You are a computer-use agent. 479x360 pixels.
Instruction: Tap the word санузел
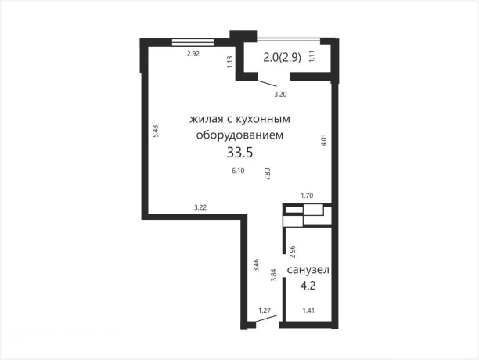click(x=308, y=270)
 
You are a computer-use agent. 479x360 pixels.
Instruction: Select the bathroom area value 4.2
click(x=308, y=286)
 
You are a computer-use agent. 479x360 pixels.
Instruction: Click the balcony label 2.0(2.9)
click(x=286, y=56)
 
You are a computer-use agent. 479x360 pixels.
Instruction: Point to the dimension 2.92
click(x=193, y=54)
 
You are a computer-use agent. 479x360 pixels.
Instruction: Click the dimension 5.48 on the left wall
click(x=156, y=132)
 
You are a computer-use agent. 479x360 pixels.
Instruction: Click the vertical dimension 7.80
click(x=268, y=175)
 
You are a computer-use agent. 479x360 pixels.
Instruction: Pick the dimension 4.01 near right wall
click(x=323, y=141)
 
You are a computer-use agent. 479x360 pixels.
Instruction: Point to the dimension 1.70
click(x=308, y=196)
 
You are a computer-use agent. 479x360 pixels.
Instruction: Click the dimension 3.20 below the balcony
click(x=279, y=95)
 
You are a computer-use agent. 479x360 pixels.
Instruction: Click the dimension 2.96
click(x=292, y=251)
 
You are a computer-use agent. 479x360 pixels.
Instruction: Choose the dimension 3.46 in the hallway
click(x=256, y=265)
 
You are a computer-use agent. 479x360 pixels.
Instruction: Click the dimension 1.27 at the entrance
click(x=265, y=311)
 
